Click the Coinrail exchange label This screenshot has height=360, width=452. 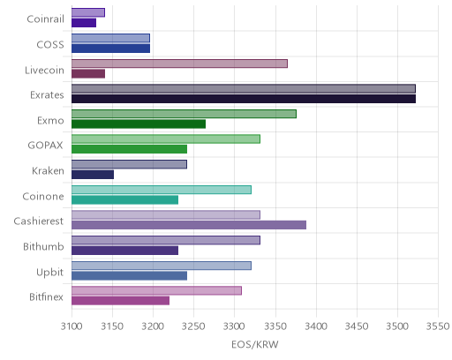pos(45,19)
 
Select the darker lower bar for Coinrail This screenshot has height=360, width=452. pos(84,23)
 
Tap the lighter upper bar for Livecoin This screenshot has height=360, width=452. pos(179,64)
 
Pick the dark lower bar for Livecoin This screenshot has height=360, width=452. pos(88,74)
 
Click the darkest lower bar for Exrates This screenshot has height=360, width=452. pos(244,99)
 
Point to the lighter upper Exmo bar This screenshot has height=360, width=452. pos(184,114)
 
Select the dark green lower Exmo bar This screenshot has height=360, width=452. pos(139,124)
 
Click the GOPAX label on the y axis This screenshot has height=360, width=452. pos(45,146)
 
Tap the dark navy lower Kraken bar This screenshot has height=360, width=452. pos(93,175)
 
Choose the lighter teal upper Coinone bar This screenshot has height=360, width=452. pos(162,190)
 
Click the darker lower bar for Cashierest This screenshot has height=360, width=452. pos(189,225)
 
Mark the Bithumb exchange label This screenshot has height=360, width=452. pos(43,246)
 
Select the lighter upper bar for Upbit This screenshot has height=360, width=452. pos(162,266)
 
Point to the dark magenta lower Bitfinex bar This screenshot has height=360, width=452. pos(121,301)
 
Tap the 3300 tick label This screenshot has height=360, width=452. pos(235,326)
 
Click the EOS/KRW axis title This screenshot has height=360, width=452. pos(255,345)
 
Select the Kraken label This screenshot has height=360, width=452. pos(48,171)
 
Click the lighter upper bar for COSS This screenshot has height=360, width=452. pos(110,38)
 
